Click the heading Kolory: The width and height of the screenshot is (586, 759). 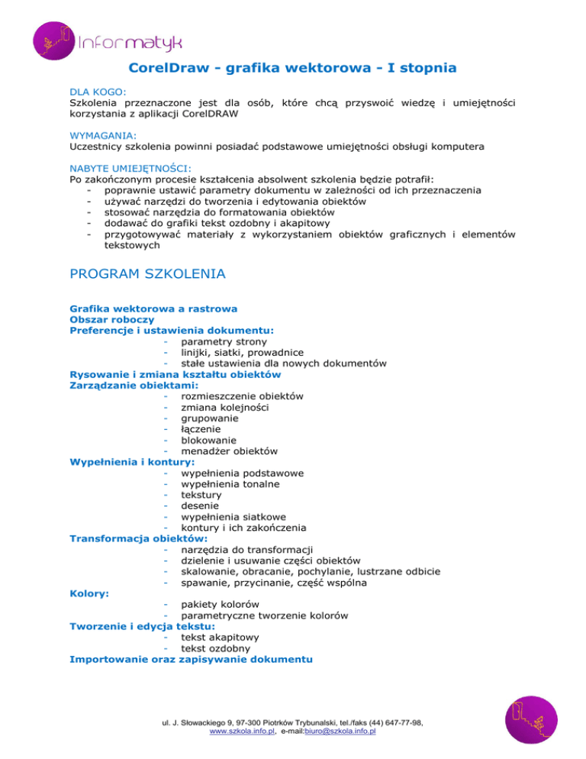[89, 593]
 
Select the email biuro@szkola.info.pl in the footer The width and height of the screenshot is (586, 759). [340, 731]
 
